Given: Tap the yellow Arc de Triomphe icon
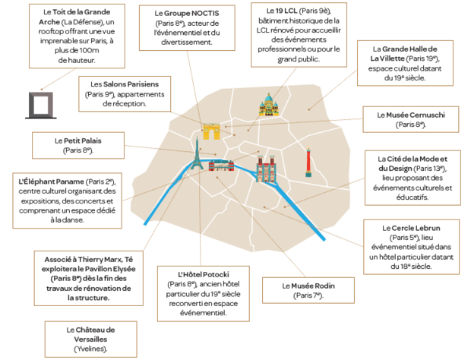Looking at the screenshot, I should click(210, 131).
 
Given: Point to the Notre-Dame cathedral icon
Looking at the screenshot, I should click(265, 169).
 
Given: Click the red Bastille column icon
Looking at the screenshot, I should click(308, 161).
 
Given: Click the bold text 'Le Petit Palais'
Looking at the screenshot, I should click(78, 141).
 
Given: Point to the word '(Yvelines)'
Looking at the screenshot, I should click(90, 349).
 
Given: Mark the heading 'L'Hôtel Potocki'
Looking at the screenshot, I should click(203, 273).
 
